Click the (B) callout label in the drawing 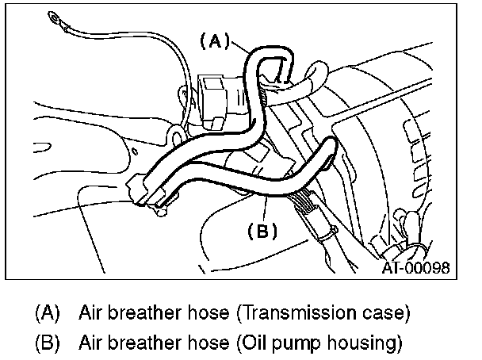(262, 232)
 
